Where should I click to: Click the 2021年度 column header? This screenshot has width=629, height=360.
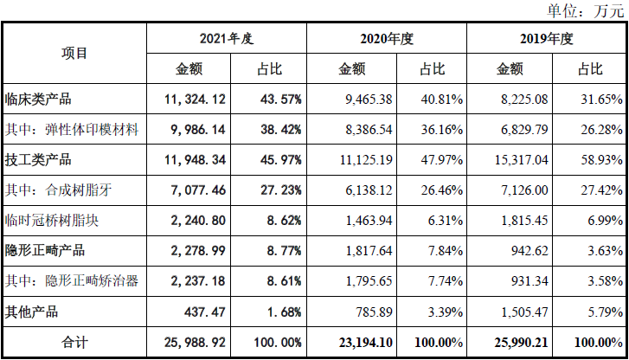[x=226, y=39]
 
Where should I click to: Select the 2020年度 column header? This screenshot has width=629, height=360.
[x=387, y=39]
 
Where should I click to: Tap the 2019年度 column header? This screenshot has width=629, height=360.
[x=547, y=39]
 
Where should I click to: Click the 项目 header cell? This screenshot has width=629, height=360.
[x=74, y=53]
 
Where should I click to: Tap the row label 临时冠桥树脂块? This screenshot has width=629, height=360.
[x=51, y=220]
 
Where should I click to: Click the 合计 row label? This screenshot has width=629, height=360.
[x=74, y=342]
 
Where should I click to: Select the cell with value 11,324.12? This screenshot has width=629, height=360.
[x=195, y=99]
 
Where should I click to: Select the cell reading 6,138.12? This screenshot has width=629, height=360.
[x=361, y=190]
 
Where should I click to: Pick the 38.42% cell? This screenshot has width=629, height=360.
[x=279, y=129]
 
